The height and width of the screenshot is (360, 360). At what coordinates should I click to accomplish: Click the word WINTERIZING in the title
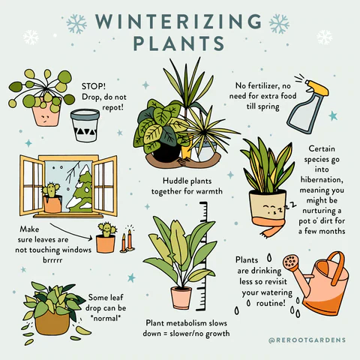pos(179,20)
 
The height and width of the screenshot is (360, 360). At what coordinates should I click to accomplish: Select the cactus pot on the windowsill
pos(51,201)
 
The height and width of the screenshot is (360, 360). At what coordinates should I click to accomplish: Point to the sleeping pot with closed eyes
pos(268,207)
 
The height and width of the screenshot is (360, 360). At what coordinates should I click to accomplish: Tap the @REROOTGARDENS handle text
pos(307,340)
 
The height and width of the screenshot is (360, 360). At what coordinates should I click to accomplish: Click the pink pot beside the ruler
pos(181,297)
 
